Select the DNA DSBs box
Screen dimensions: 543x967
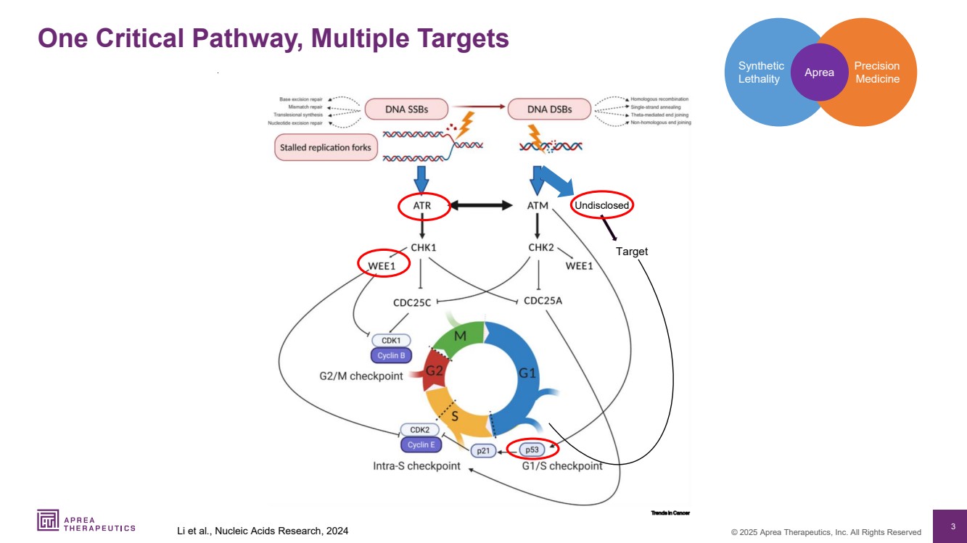point(549,109)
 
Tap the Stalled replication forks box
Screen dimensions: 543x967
point(326,148)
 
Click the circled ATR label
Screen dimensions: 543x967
point(422,206)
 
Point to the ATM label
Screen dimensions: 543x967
point(538,206)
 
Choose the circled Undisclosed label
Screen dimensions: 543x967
point(601,206)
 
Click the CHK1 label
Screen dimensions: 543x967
point(423,247)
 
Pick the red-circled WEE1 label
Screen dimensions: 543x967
point(382,265)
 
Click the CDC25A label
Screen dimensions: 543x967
point(543,301)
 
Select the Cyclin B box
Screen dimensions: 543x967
point(392,356)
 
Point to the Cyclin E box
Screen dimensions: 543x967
point(420,444)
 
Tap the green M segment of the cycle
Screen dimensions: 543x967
point(460,336)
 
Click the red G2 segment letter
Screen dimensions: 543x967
point(434,370)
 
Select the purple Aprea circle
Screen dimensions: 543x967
point(819,72)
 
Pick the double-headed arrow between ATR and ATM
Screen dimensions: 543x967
point(481,206)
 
